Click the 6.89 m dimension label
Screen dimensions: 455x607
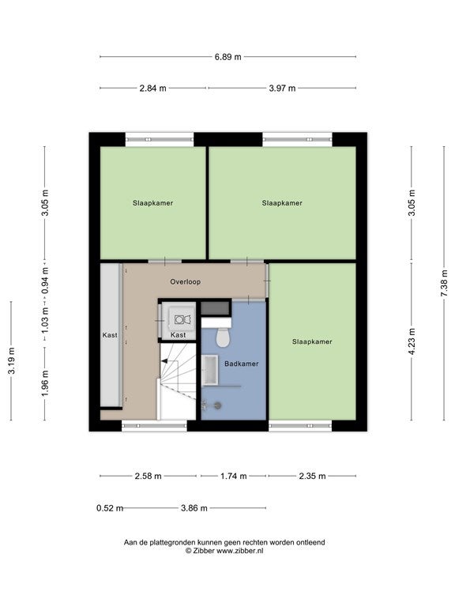pos(227,57)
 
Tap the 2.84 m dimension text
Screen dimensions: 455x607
pos(152,89)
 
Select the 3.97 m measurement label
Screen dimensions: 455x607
pos(282,89)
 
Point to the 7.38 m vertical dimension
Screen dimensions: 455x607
pos(444,284)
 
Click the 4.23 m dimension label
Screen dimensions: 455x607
pos(412,341)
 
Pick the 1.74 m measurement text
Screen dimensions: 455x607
pos(233,476)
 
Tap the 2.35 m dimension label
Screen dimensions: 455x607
pos(312,476)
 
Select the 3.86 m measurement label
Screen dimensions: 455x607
pos(194,508)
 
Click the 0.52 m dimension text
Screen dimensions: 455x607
pos(110,508)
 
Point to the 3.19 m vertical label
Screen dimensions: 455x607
pos(12,360)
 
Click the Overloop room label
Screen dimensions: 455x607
pos(186,282)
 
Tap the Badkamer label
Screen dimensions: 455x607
pos(242,364)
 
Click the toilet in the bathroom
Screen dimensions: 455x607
pos(223,337)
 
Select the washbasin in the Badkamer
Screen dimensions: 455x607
pos(210,371)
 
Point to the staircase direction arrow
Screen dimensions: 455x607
pos(164,361)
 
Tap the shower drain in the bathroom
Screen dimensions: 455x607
pos(218,405)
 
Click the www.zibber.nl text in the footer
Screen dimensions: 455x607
pos(239,550)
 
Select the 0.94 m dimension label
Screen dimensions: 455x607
pos(45,281)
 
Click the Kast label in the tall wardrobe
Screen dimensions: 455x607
pos(110,335)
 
